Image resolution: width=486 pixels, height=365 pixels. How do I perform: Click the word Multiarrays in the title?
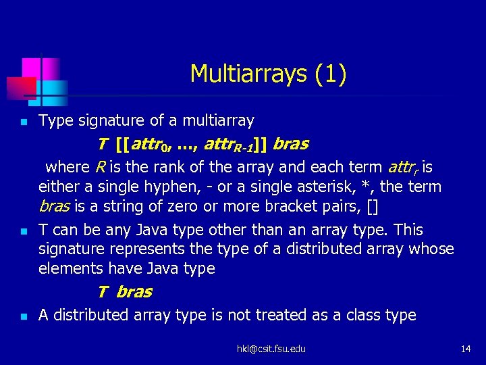click(x=250, y=74)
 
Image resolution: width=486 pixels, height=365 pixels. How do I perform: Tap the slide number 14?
click(x=465, y=349)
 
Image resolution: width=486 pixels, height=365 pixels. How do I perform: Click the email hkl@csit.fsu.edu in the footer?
click(x=271, y=349)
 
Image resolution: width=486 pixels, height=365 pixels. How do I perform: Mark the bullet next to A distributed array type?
click(x=23, y=316)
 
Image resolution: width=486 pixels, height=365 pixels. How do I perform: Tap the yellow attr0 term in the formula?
click(x=152, y=145)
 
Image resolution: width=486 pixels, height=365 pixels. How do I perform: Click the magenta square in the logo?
click(x=32, y=68)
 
